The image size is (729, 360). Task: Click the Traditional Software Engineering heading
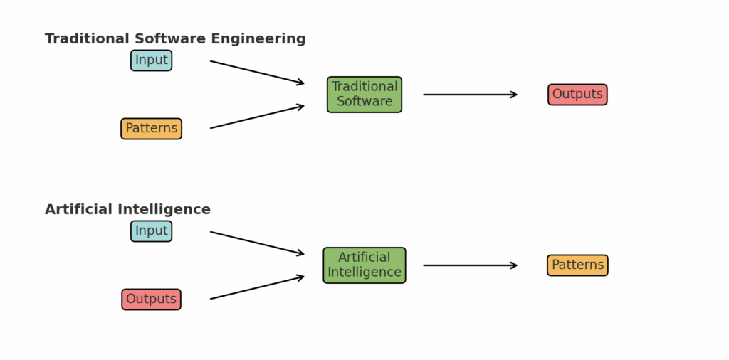coord(175,39)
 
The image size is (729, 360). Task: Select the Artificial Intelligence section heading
coord(128,210)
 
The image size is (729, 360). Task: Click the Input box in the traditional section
coord(151,60)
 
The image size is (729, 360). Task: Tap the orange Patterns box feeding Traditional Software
coord(151,129)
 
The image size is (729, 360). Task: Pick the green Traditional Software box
coord(364,95)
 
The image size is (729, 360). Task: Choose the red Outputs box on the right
coord(577,95)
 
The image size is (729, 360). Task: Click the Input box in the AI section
coord(151,231)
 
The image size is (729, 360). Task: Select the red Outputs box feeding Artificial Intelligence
coord(151,300)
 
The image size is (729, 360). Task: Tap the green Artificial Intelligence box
coord(364,265)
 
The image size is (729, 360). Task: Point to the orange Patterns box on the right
coord(577,265)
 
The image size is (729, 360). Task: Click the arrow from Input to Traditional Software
coord(257,73)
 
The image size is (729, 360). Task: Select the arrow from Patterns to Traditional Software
coord(257,117)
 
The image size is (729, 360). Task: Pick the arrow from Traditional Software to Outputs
coord(470,95)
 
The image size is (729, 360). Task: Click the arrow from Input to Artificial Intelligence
coord(257,243)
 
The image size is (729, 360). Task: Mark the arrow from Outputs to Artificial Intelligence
coord(257,287)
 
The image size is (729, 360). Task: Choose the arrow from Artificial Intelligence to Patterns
coord(470,265)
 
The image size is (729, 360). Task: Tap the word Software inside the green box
coord(364,102)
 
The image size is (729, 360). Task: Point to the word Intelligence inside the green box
coord(364,272)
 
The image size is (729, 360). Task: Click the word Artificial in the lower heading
coord(78,210)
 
